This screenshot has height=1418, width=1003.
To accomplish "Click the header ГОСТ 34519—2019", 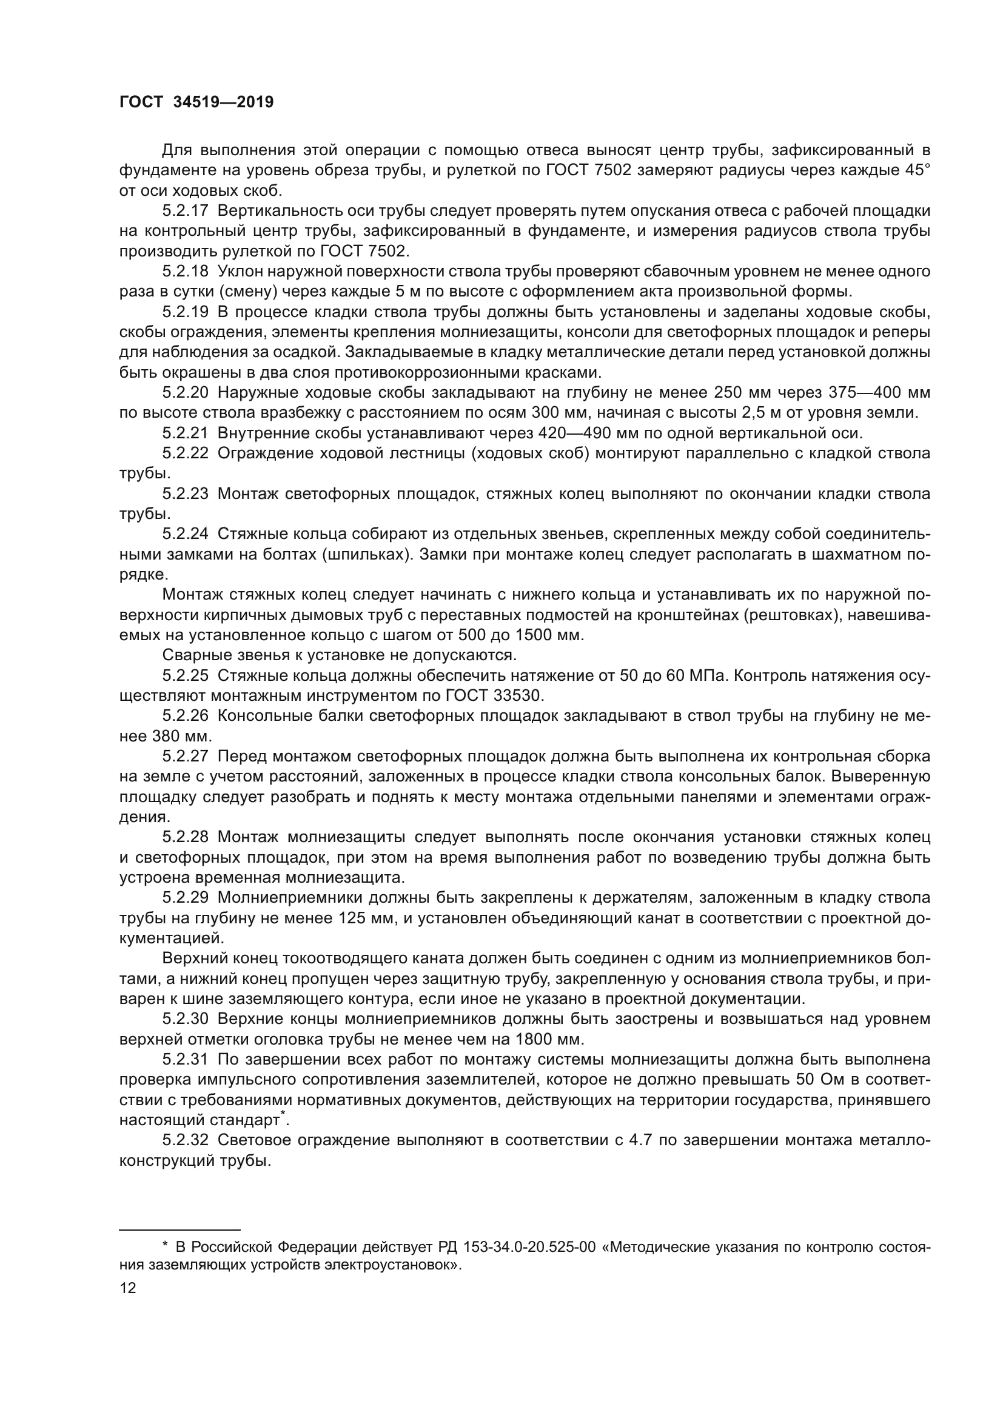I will click(196, 102).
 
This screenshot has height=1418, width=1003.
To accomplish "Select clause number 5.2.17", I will click(186, 210).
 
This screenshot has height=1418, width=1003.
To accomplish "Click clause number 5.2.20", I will click(186, 392).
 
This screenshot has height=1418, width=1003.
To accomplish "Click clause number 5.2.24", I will click(186, 533).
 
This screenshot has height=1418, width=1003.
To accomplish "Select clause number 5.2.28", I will click(186, 837).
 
